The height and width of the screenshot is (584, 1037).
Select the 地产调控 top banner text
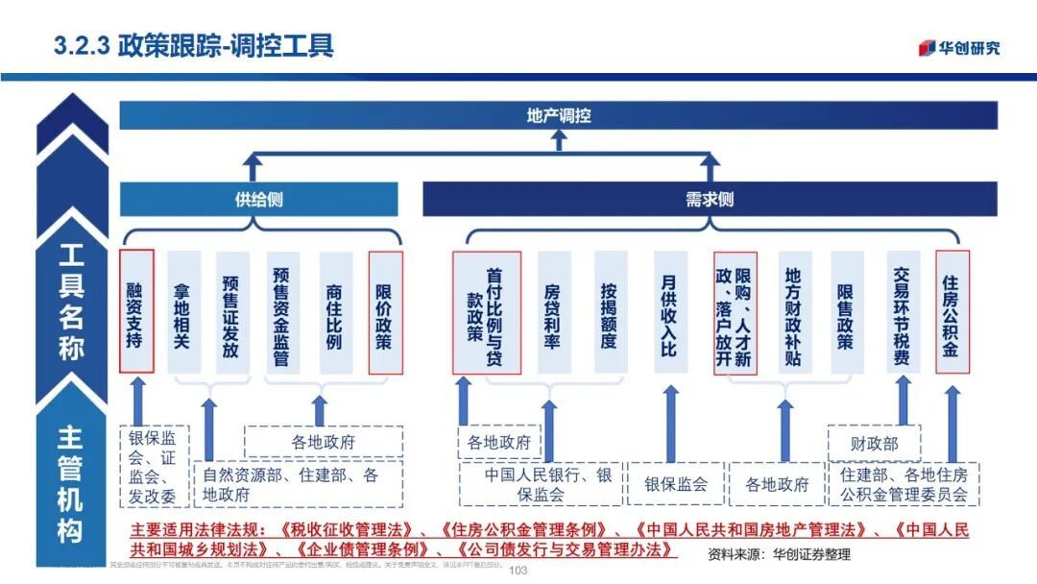(x=559, y=116)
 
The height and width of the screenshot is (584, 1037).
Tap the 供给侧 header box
(x=258, y=200)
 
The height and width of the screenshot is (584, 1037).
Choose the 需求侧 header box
(x=710, y=200)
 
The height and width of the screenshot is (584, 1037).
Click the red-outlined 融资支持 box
(x=136, y=312)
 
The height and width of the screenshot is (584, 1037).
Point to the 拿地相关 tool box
(x=183, y=312)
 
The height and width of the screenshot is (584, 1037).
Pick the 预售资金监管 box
(x=280, y=312)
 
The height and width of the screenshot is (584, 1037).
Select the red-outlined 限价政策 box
(x=385, y=312)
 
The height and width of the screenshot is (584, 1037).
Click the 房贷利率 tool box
(x=552, y=312)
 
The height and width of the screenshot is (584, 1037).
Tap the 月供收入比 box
(x=669, y=312)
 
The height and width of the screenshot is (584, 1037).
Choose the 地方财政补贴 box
(x=792, y=312)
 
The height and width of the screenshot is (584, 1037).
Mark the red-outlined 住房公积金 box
(x=952, y=312)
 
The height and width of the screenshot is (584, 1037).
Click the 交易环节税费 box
(x=902, y=312)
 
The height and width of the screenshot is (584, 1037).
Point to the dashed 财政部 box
(x=874, y=444)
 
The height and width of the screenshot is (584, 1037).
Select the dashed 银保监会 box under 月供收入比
(x=675, y=484)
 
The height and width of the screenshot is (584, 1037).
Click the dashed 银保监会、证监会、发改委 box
(x=154, y=467)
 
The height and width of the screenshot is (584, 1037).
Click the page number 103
(x=518, y=571)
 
